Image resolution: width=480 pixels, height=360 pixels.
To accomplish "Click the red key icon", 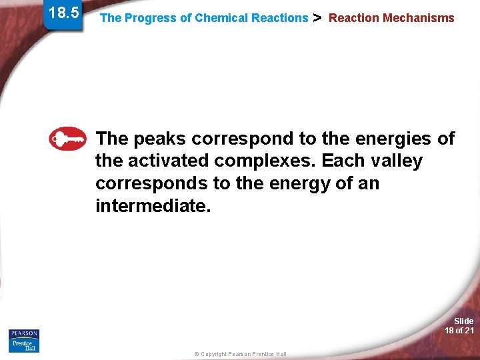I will (x=67, y=139).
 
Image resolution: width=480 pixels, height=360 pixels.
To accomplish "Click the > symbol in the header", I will (x=317, y=17).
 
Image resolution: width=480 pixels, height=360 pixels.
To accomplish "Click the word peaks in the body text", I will (x=160, y=139).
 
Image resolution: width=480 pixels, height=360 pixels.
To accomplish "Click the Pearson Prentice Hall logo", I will (x=24, y=340).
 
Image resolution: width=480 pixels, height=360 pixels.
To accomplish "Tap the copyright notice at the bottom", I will (x=240, y=354).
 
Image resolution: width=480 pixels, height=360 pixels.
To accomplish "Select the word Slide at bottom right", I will (x=463, y=321).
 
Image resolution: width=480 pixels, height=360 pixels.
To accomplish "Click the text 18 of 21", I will (x=459, y=331).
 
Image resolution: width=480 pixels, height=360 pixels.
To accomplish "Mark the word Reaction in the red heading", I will (x=354, y=18).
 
